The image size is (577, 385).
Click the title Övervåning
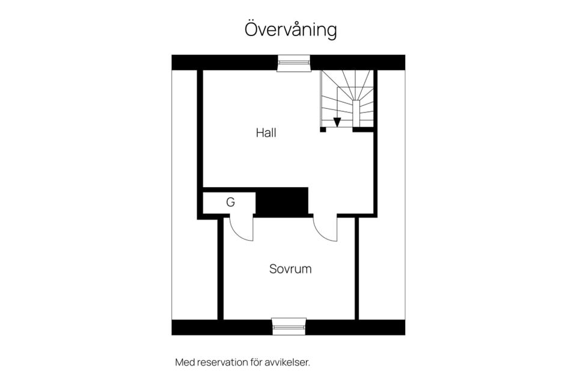click(290, 30)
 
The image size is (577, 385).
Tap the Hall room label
click(266, 132)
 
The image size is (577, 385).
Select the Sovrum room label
click(290, 268)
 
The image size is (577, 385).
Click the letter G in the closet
click(230, 202)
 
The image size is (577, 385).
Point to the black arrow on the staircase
click(337, 122)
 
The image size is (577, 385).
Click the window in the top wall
click(294, 63)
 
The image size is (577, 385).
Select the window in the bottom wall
click(289, 327)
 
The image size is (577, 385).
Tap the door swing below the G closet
click(242, 229)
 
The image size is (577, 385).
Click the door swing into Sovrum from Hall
click(325, 229)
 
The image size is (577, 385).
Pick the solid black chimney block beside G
click(282, 201)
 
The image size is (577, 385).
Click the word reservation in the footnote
click(222, 362)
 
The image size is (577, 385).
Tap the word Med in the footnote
click(185, 362)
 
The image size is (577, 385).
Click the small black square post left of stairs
click(323, 129)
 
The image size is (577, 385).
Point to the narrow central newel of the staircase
click(356, 113)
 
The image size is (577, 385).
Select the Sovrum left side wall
click(221, 269)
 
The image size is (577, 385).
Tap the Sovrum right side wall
click(356, 269)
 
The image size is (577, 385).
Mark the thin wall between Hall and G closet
click(229, 189)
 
